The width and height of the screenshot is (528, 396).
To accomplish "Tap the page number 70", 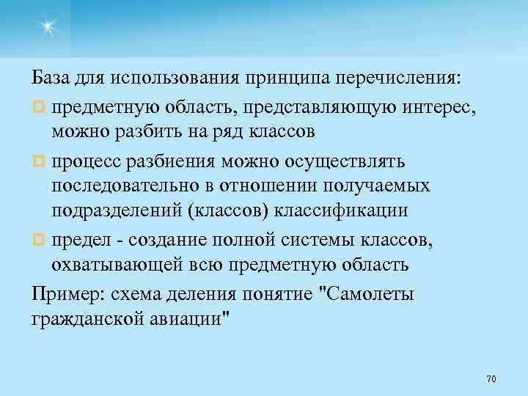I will [491, 378].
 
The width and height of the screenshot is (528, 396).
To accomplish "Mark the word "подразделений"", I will [117, 213].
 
